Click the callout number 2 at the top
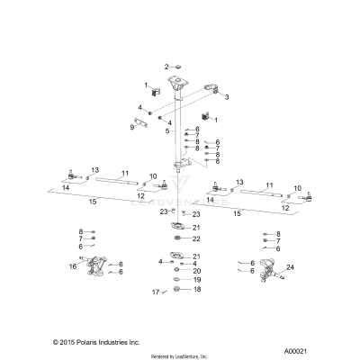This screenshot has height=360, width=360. click(166, 67)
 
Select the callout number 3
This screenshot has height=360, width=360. click(227, 97)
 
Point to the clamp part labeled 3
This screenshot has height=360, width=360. click(216, 88)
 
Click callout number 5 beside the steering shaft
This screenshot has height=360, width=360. click(166, 131)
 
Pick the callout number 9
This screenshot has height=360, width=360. click(131, 128)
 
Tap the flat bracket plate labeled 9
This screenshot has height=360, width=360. click(144, 122)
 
